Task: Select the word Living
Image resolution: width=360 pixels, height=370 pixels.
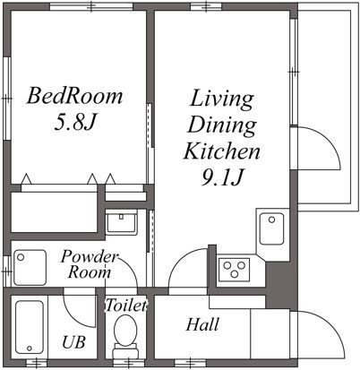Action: point(222,97)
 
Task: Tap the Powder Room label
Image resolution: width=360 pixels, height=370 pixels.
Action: point(89,264)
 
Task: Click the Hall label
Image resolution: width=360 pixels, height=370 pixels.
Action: point(203,324)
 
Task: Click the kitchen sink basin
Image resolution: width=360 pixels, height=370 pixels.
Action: point(270,231)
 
